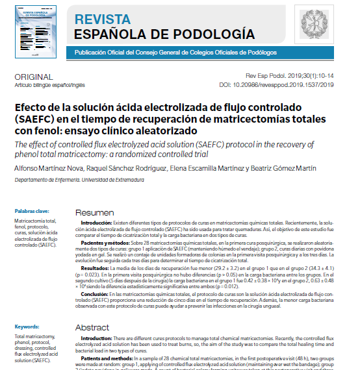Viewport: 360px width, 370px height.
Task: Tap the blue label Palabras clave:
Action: pyautogui.click(x=32, y=211)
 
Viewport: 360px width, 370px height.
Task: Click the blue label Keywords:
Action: pyautogui.click(x=27, y=327)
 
